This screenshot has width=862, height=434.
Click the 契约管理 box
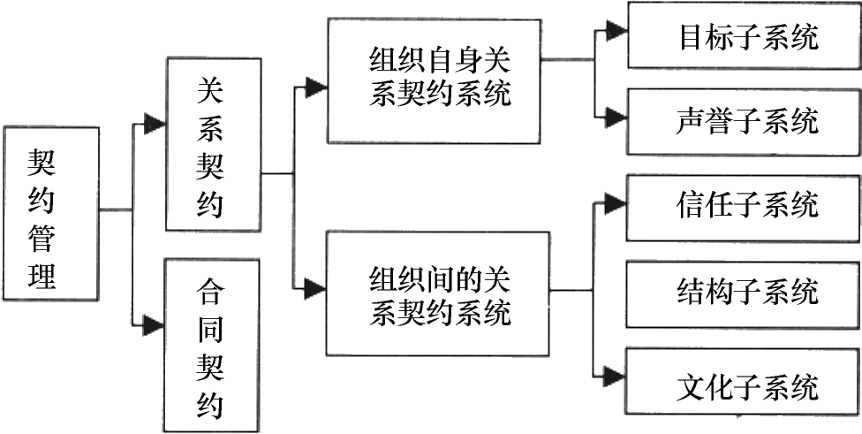click(50, 213)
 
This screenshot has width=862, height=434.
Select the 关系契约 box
click(214, 144)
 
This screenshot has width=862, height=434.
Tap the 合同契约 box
click(212, 346)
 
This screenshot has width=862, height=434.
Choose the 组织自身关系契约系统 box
click(435, 81)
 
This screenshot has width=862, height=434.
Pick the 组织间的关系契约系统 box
click(438, 293)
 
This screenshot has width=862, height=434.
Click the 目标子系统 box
click(745, 35)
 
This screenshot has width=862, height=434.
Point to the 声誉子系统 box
click(745, 121)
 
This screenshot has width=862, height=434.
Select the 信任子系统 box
click(744, 208)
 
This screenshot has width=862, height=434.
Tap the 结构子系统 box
click(744, 294)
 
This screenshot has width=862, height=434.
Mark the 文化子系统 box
click(744, 381)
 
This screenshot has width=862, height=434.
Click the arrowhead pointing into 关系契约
click(155, 124)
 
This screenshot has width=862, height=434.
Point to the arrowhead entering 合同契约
click(154, 325)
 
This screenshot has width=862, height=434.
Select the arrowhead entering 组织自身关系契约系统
click(316, 87)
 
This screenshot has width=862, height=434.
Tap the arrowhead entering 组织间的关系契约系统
click(315, 289)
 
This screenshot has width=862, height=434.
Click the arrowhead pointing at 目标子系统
click(616, 30)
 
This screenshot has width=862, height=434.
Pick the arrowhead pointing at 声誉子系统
click(616, 118)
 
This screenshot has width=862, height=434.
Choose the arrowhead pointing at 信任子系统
click(616, 203)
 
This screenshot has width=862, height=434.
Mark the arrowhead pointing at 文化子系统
click(615, 377)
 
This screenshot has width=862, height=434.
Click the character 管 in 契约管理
click(42, 240)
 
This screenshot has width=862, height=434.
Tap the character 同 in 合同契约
click(211, 331)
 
